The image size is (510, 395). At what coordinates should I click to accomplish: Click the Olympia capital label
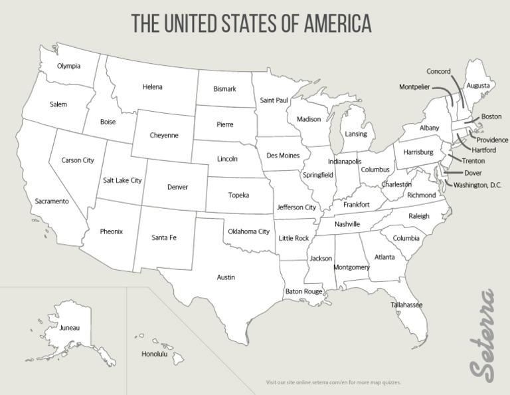point(68,66)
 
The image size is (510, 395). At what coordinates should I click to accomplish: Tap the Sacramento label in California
point(52,201)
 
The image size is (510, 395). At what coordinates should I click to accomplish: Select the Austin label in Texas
point(226,277)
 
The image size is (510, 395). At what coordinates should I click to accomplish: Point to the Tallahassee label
point(406,305)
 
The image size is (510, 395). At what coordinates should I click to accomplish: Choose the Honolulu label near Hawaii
point(154,354)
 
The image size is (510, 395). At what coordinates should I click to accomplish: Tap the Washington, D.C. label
point(477,184)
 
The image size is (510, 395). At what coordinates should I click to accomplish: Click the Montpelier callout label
point(414,87)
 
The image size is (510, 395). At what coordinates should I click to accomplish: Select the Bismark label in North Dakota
point(224,89)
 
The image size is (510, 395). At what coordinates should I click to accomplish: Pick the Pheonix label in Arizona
point(111,232)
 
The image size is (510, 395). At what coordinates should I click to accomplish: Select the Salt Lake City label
point(122,180)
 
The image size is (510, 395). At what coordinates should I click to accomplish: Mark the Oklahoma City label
point(248,231)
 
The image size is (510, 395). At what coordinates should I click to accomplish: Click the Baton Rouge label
point(303,291)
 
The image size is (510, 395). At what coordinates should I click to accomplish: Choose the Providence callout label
point(492,140)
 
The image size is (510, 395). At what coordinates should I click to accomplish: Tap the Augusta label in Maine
point(478,86)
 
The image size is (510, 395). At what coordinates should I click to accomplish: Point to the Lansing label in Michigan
point(356,134)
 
